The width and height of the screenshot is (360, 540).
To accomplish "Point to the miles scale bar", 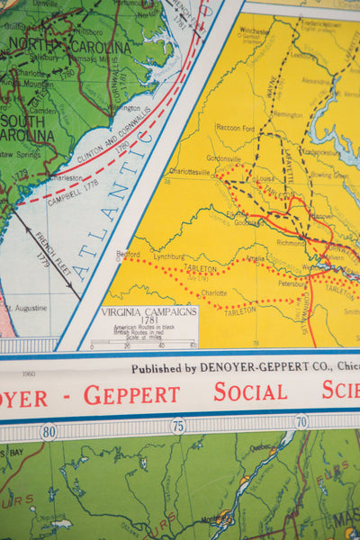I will click(148, 340).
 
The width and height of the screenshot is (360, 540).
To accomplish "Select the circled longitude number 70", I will click(301, 421).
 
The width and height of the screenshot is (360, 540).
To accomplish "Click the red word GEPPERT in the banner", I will click(131, 394).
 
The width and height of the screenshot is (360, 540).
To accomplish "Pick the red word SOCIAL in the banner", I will click(251, 391).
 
